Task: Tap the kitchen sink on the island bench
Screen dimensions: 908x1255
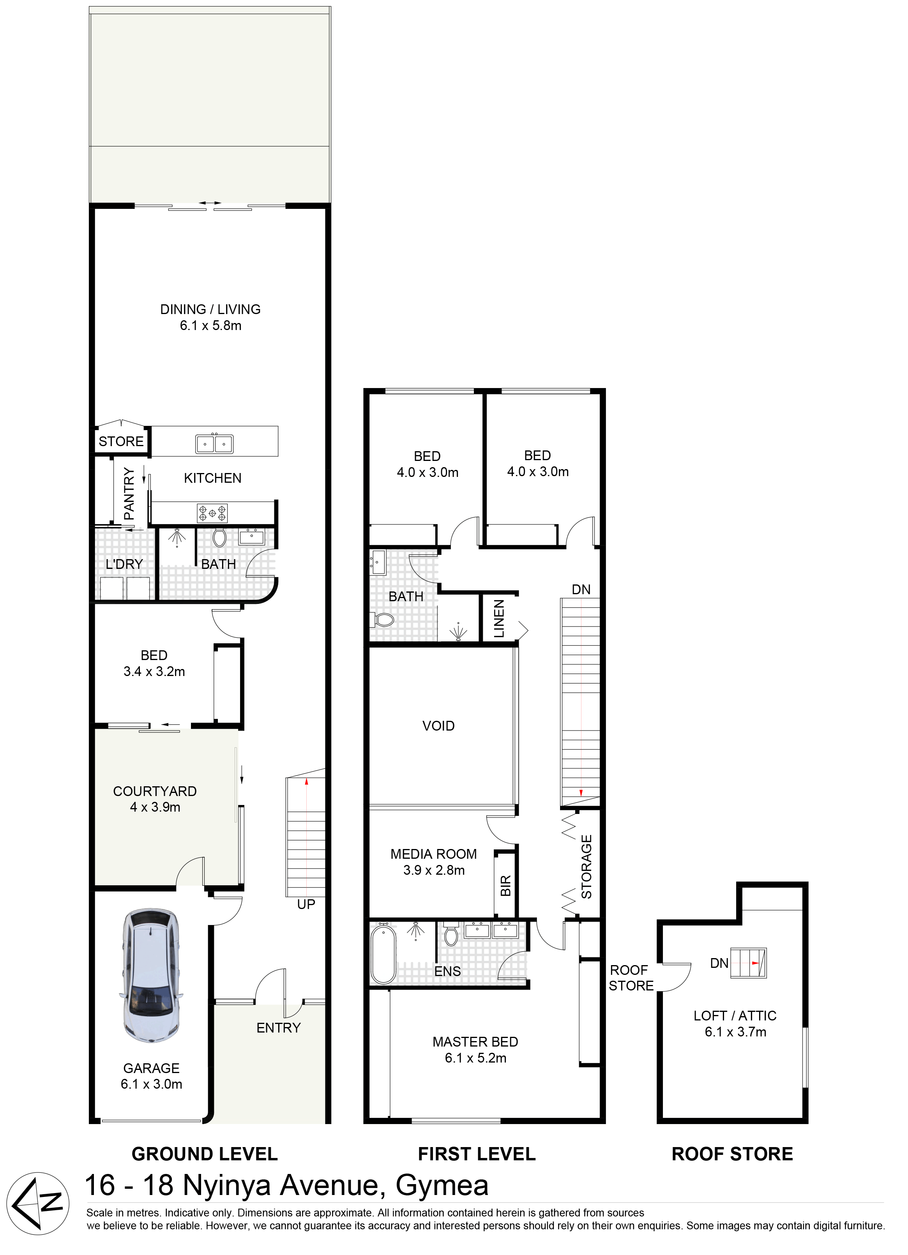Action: point(214,444)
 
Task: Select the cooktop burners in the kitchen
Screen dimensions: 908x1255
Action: point(212,513)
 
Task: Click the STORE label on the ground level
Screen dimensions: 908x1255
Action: point(121,441)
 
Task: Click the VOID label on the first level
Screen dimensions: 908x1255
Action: point(438,725)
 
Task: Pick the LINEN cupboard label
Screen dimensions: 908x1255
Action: point(499,619)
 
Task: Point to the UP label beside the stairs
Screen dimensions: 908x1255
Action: point(306,904)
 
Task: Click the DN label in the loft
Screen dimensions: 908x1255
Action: point(719,964)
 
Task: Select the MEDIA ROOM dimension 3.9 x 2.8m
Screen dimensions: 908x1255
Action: point(434,870)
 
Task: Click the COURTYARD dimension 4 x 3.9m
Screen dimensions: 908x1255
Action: point(155,807)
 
